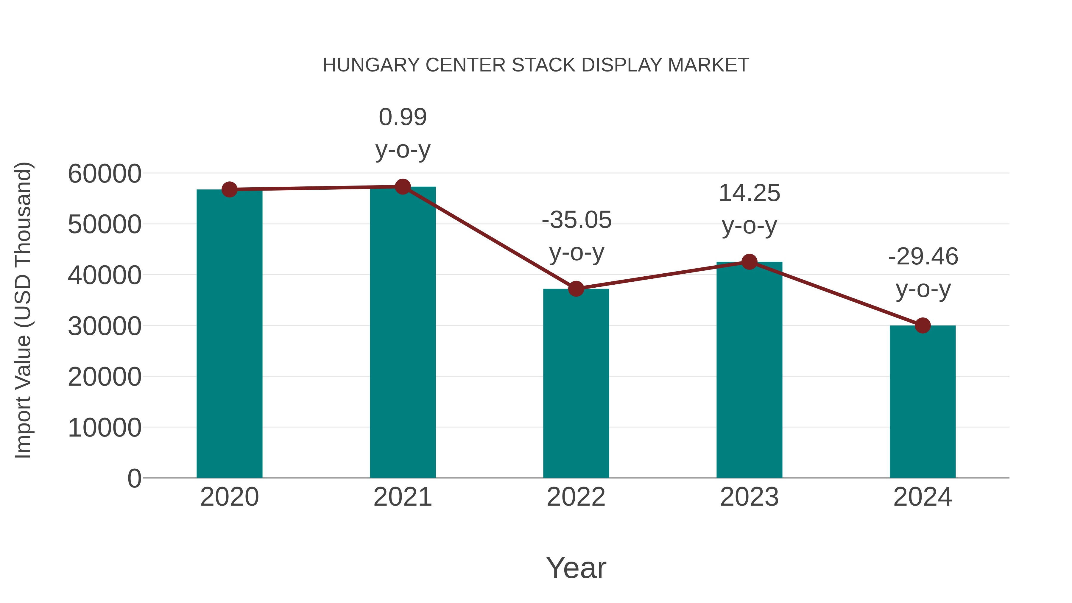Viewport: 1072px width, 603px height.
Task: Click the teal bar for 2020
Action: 229,333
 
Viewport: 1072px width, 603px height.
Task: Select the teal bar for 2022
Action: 576,383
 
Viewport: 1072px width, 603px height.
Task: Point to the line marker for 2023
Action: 749,262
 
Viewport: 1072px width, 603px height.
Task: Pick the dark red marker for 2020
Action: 229,189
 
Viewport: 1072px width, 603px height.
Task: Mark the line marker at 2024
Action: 923,325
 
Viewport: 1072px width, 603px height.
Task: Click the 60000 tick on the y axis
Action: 105,174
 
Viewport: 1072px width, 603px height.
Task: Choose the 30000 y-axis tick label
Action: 105,326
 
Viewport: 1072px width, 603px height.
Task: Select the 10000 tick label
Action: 105,428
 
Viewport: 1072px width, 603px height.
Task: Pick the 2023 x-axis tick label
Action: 749,497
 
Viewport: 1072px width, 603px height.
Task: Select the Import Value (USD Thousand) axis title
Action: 23,310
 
